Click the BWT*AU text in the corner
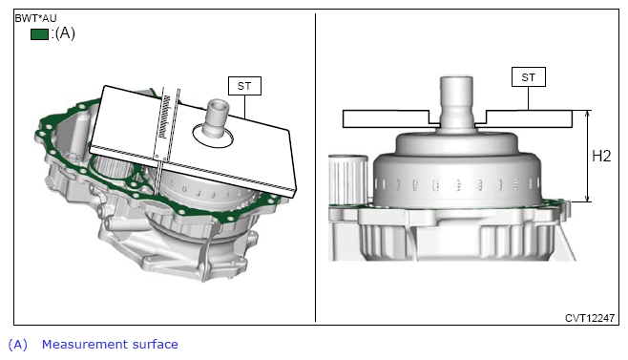35,18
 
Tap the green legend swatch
40,34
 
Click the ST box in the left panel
244,86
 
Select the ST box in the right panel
529,77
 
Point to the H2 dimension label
601,156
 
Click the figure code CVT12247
590,318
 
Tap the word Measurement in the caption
85,345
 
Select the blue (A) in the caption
18,345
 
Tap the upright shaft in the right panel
456,101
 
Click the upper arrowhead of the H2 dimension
588,115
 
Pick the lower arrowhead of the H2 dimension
588,198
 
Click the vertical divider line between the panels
315,167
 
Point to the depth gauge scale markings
163,117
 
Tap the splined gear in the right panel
347,180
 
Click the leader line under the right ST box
529,98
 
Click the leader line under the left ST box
244,107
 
